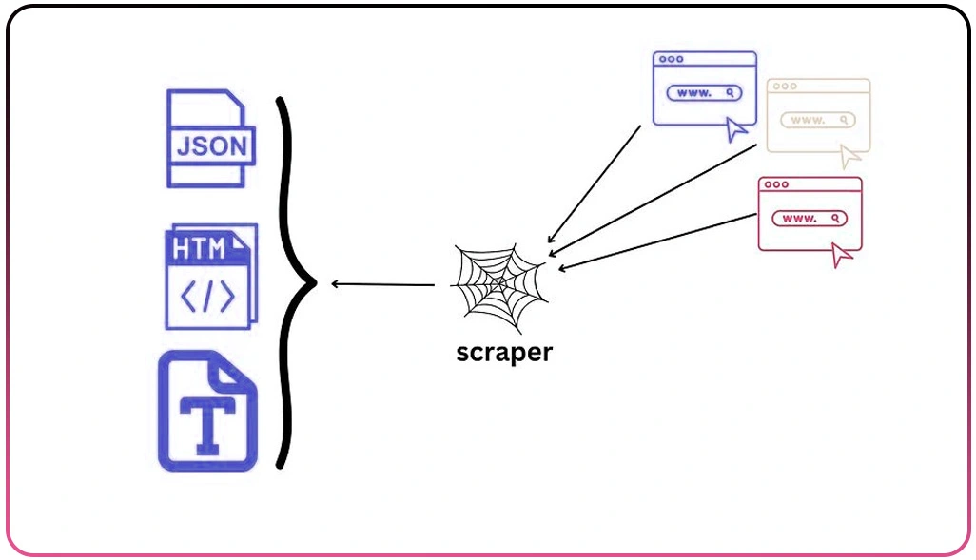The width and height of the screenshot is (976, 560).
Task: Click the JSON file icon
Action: click(210, 139)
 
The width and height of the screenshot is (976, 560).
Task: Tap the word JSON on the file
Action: click(212, 147)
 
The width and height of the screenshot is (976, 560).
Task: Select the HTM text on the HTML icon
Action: click(200, 249)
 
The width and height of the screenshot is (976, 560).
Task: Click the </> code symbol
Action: click(207, 298)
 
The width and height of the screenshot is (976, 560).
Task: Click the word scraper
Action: click(504, 352)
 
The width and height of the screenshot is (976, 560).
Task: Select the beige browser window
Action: click(818, 115)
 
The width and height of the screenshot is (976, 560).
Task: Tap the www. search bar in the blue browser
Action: click(704, 93)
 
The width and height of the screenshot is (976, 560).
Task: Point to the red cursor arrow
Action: click(842, 255)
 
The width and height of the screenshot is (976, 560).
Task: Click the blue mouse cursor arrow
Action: click(737, 130)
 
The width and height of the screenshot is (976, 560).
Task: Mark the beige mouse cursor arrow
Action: click(850, 157)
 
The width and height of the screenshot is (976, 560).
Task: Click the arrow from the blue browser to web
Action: click(595, 183)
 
